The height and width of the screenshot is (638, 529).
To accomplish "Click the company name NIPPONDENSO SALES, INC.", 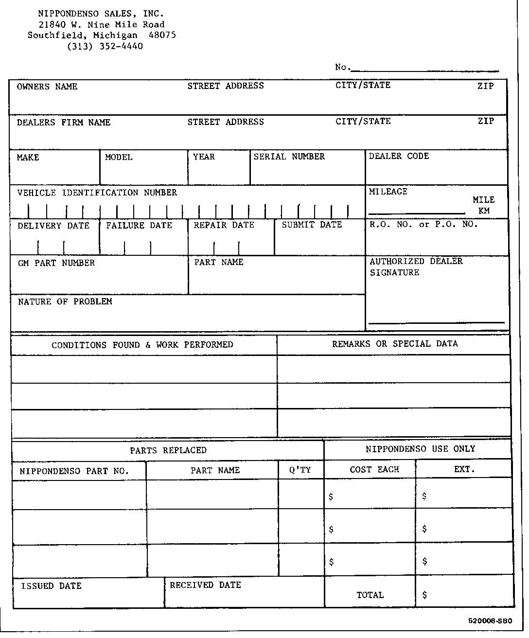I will [101, 14].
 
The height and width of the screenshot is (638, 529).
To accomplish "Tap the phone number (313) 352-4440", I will [105, 47].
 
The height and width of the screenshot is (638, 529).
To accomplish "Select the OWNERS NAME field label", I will [47, 87].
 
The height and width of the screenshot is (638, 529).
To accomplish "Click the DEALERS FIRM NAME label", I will [64, 123].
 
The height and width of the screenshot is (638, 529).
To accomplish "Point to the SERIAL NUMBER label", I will [289, 157].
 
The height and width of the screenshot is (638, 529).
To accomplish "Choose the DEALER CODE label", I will [399, 156].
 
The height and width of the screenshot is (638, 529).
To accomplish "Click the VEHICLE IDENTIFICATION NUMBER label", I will [97, 193].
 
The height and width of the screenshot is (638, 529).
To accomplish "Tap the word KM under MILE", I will [484, 211].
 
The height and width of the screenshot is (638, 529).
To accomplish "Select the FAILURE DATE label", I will [139, 226].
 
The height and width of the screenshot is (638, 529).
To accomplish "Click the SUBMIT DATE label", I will [312, 225].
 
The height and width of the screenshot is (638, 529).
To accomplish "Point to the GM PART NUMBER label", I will [56, 263].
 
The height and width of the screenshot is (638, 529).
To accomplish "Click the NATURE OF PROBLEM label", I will [65, 302].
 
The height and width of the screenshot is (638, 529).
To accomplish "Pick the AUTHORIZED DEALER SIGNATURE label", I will [416, 267].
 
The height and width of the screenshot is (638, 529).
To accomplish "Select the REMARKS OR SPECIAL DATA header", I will [395, 344].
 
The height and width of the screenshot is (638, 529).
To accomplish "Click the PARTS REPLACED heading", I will [168, 450].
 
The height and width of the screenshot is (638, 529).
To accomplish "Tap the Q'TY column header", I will [300, 470].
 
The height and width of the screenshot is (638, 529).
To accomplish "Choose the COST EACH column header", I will [374, 470].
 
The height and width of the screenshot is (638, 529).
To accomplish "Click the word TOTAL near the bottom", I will [370, 595].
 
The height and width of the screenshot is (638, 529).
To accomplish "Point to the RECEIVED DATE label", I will [205, 585].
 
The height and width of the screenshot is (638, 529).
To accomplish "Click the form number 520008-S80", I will [490, 621].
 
